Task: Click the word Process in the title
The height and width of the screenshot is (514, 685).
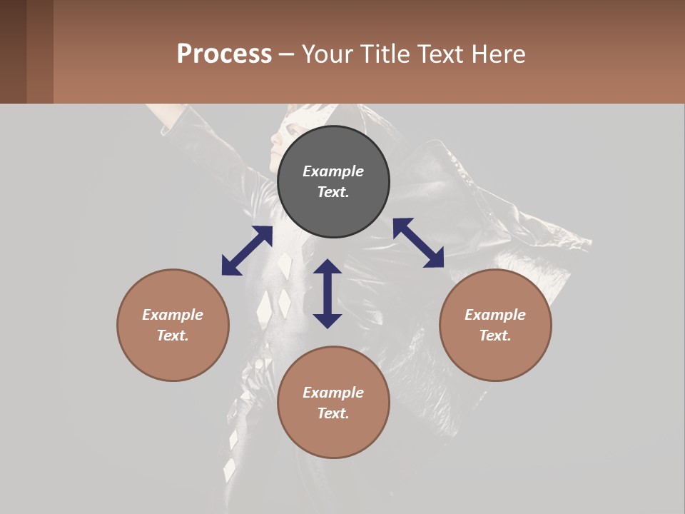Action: (224, 54)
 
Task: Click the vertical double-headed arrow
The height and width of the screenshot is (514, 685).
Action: (328, 293)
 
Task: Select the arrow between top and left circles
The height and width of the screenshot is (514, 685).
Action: (247, 251)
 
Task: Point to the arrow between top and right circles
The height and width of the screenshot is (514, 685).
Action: (418, 243)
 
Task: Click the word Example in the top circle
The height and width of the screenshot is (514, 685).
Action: (333, 171)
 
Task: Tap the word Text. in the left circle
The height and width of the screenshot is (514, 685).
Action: (173, 336)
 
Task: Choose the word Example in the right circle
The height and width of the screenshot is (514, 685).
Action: (495, 315)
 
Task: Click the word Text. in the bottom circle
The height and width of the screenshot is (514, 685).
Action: (333, 413)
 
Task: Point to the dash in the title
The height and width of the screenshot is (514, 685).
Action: (287, 54)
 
